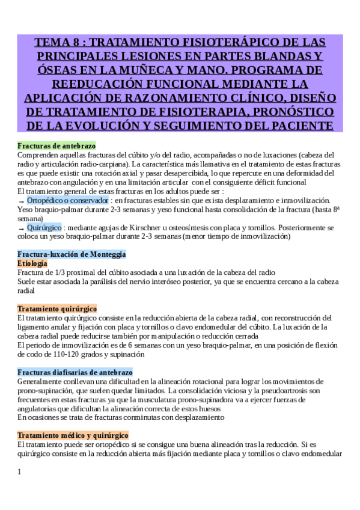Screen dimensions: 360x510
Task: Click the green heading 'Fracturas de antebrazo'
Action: tap(56, 146)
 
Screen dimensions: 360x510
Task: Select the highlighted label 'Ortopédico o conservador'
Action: tap(68, 200)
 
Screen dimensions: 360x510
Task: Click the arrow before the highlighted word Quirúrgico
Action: tap(21, 229)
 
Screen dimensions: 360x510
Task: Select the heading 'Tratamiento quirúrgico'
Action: tap(57, 309)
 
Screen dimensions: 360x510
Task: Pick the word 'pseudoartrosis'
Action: tap(281, 390)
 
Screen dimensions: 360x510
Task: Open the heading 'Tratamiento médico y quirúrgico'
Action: tap(73, 435)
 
